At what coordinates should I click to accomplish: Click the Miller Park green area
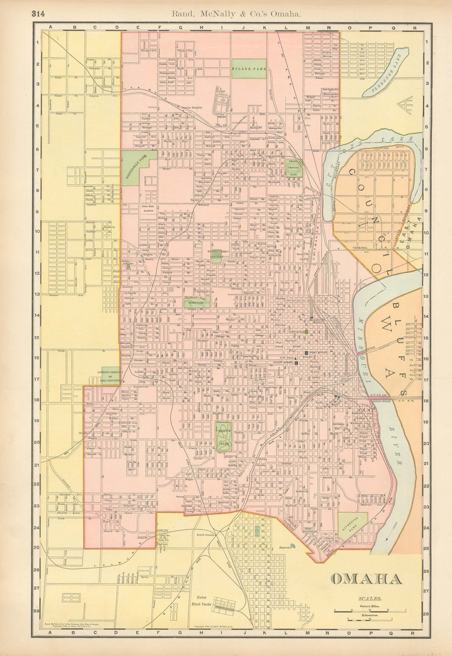(249, 69)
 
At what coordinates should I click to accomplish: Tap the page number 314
(38, 14)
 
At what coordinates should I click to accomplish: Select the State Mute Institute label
(148, 209)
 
